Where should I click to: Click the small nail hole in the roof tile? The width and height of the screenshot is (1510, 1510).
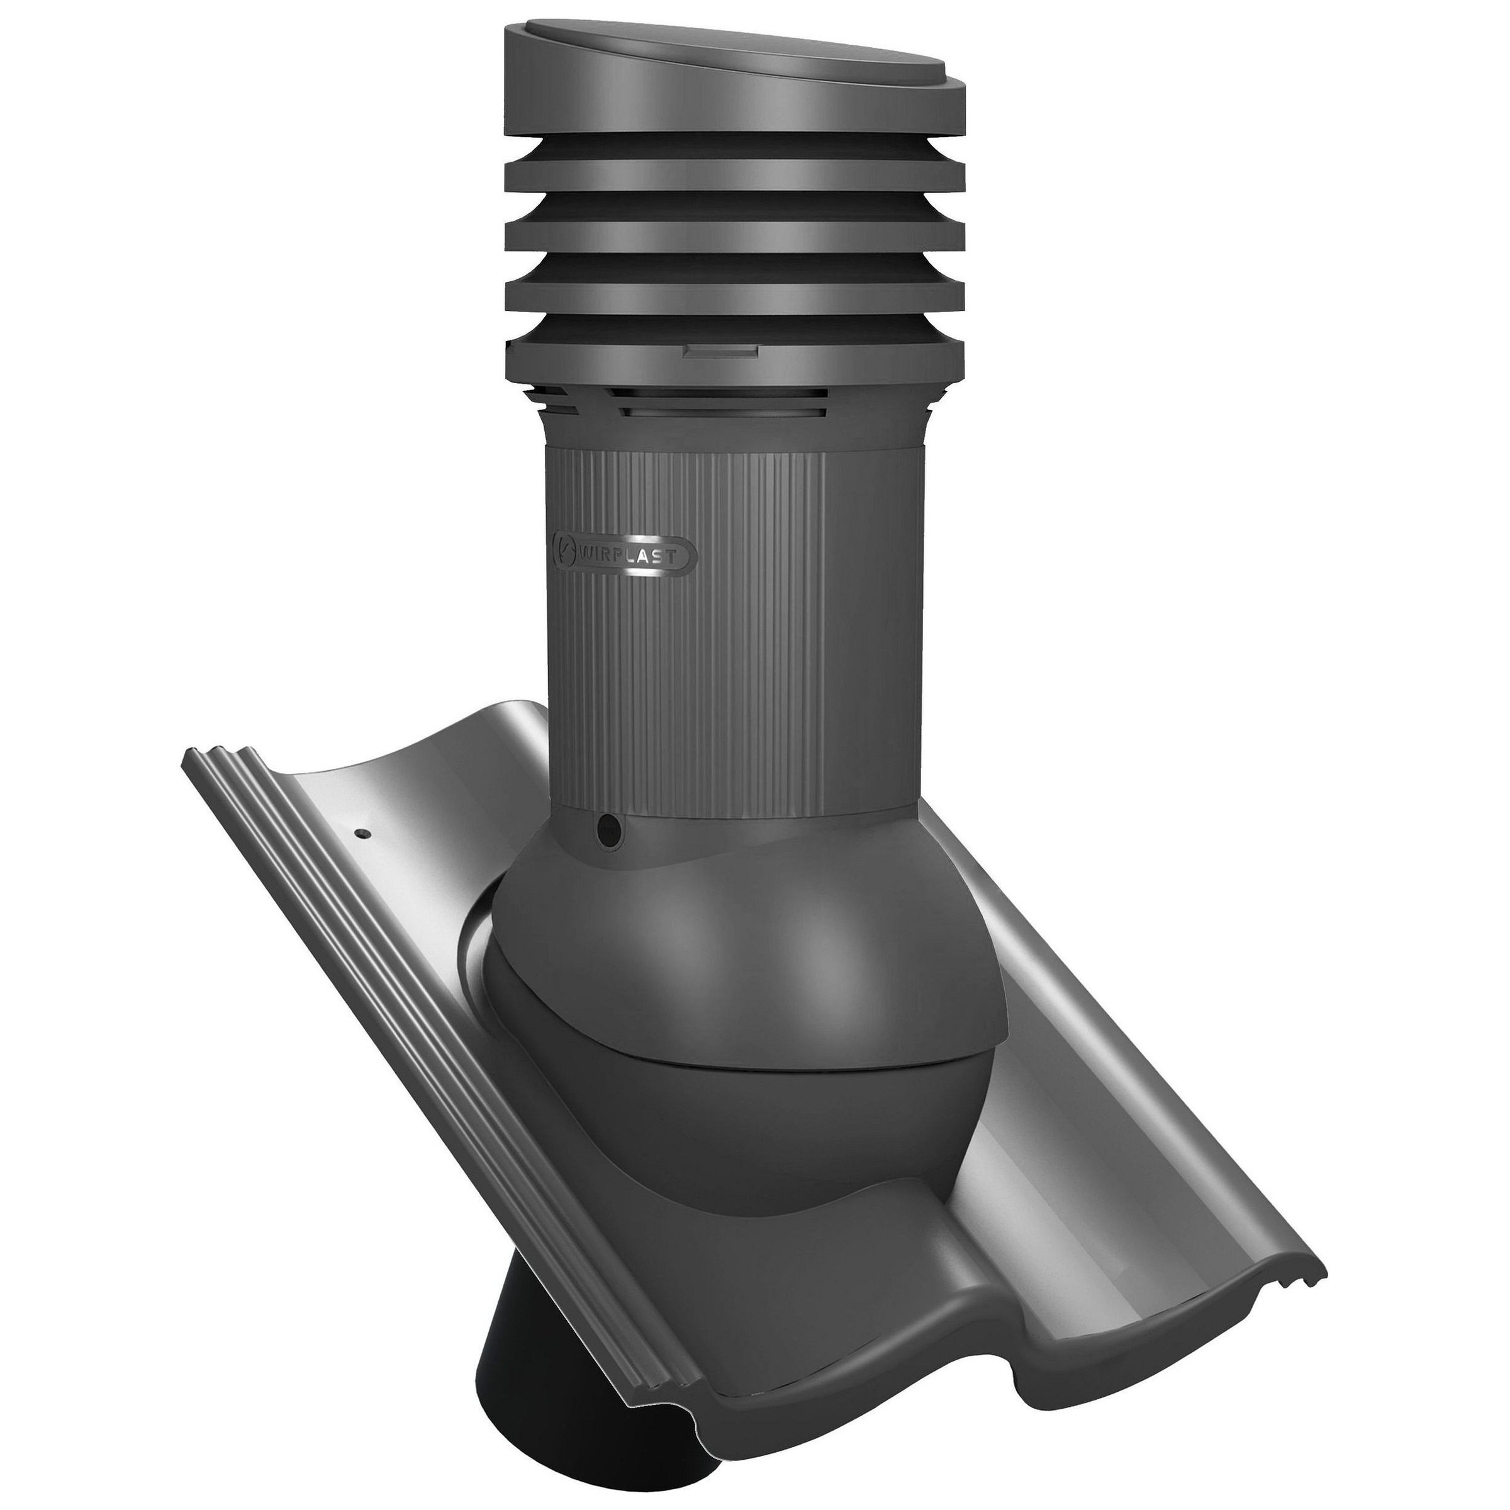364,834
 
